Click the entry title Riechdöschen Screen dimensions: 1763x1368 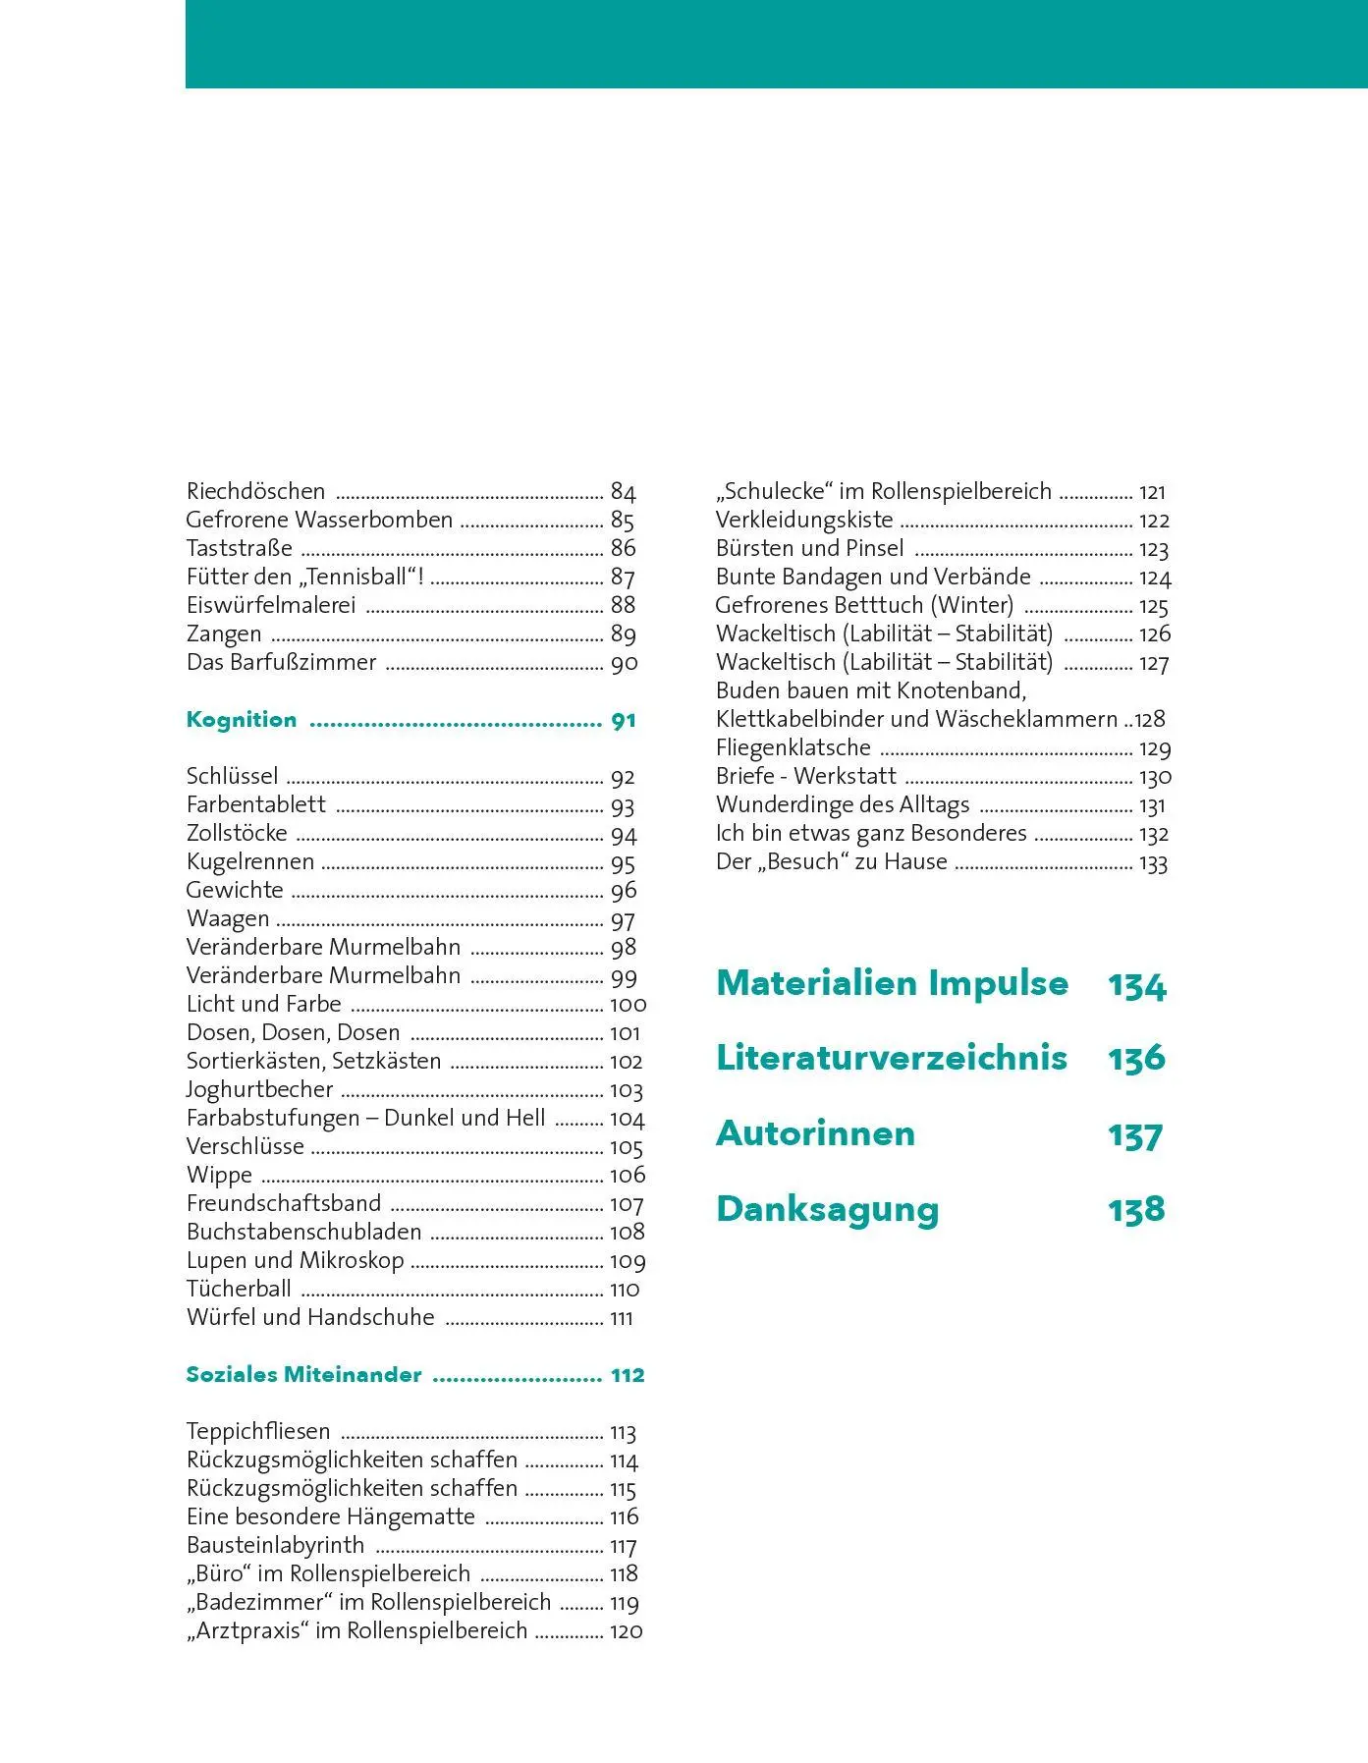[x=255, y=491]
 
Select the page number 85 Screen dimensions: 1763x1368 [x=623, y=520]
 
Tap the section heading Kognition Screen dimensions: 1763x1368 [x=241, y=720]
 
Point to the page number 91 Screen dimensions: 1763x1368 [x=624, y=720]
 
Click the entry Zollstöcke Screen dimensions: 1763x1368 [x=237, y=834]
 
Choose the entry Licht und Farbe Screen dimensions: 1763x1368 [x=263, y=1005]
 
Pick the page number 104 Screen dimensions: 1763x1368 [x=627, y=1119]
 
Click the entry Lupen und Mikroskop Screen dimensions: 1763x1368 [x=295, y=1261]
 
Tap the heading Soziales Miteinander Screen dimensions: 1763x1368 [x=303, y=1375]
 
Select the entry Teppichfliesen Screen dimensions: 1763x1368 [x=258, y=1432]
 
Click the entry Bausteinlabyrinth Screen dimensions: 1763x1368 [x=275, y=1546]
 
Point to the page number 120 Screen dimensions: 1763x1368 [x=626, y=1631]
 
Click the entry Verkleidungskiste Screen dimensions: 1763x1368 [x=804, y=520]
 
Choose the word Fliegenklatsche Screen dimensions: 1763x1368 [x=793, y=748]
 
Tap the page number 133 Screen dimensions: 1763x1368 [x=1153, y=862]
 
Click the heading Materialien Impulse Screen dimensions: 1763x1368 [x=892, y=983]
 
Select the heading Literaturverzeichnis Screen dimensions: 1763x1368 [x=892, y=1058]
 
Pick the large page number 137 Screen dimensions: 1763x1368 [x=1135, y=1134]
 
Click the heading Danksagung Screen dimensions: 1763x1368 [x=827, y=1209]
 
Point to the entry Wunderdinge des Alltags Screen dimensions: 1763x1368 [x=843, y=805]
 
